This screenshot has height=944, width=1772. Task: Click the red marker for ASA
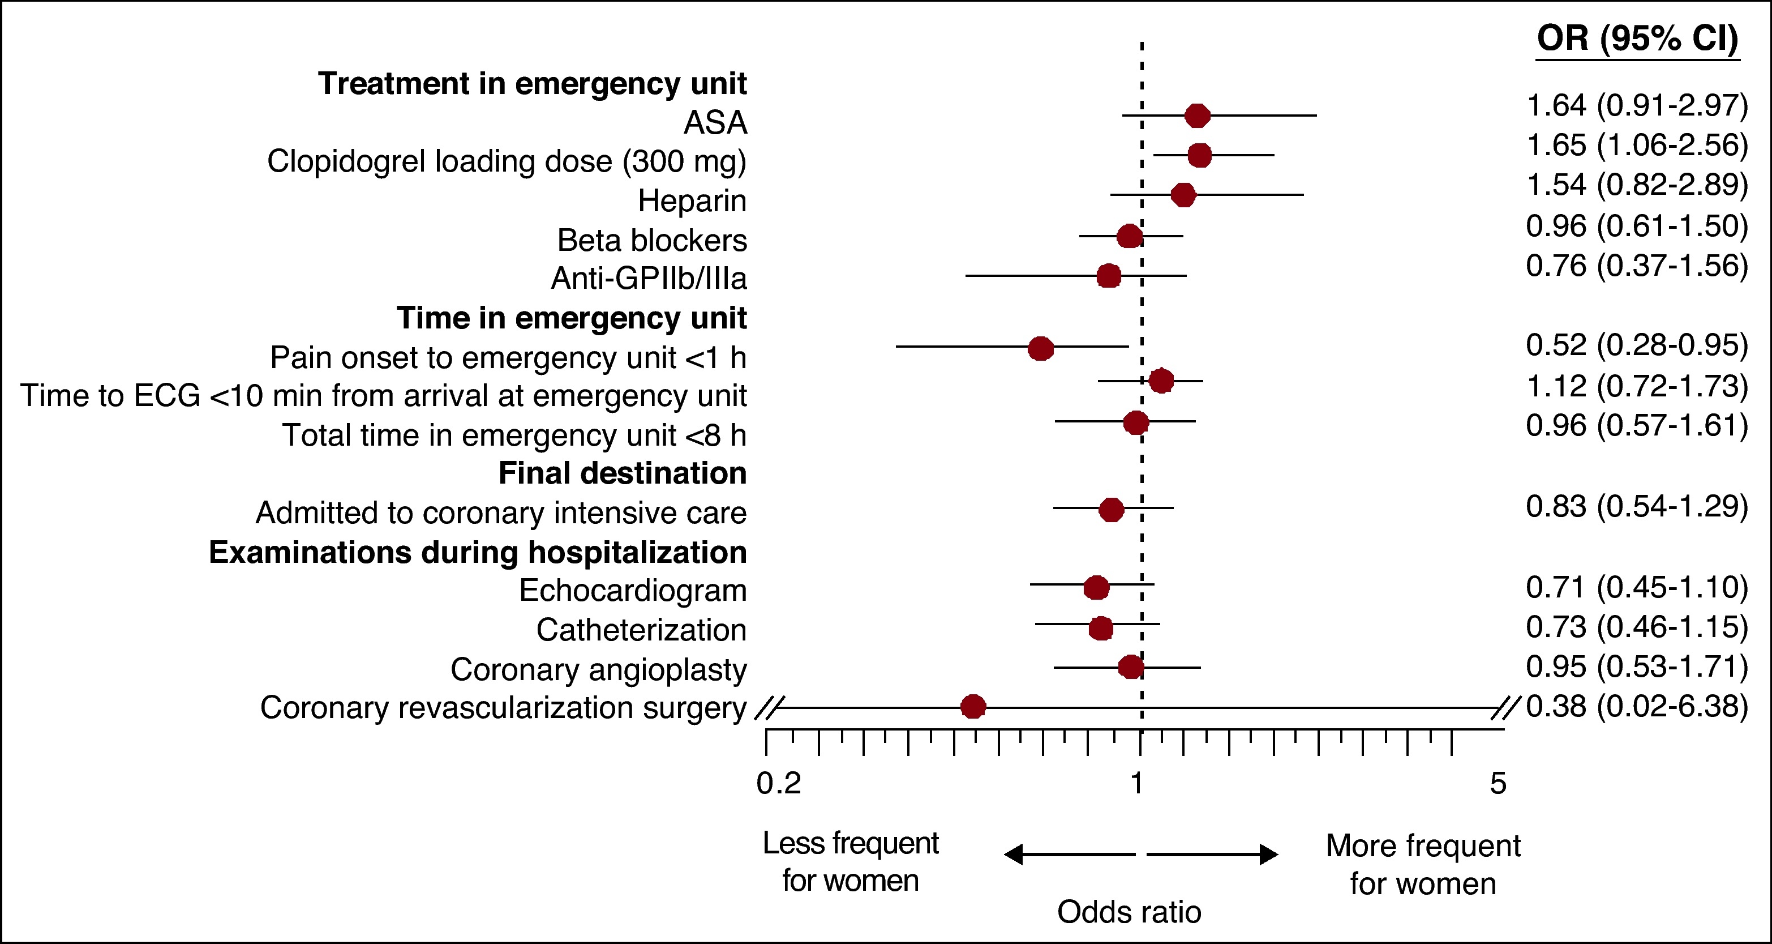coord(1198,116)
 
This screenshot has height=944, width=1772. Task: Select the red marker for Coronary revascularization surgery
coord(973,707)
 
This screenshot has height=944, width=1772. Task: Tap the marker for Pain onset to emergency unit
coord(1041,349)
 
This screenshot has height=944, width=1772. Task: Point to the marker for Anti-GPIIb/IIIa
coord(1108,276)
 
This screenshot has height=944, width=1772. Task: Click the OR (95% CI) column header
coord(1637,39)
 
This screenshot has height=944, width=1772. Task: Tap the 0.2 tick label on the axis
coord(779,784)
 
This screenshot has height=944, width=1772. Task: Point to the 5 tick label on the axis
coord(1498,784)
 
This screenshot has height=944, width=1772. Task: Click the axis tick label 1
coord(1137,784)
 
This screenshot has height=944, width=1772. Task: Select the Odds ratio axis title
coord(1129,912)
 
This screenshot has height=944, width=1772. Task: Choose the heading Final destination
coord(622,473)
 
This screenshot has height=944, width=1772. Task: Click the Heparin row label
coord(692,201)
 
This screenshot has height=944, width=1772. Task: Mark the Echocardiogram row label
coord(632,590)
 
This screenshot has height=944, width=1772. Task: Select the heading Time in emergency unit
coord(571,318)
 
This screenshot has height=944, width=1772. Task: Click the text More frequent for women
coord(1423,865)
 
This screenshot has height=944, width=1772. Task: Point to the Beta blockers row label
coord(651,240)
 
